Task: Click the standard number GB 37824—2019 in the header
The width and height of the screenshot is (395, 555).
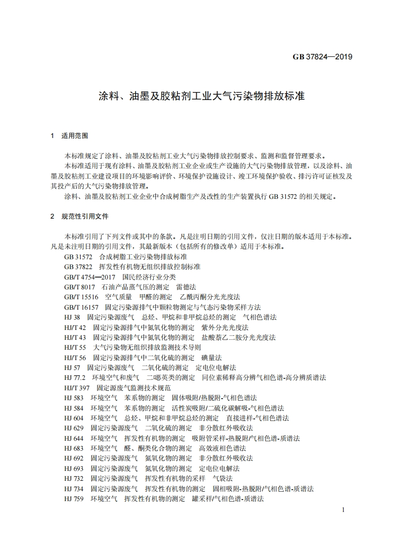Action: (322, 57)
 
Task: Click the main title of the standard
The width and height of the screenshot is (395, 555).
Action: (198, 95)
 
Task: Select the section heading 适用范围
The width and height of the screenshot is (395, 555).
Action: (75, 135)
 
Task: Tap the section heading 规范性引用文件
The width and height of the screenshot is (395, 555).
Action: (85, 217)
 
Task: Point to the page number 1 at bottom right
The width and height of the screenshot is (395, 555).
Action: (343, 510)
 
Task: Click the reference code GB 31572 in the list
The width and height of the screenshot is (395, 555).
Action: (78, 257)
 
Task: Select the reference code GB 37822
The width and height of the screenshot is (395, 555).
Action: (78, 267)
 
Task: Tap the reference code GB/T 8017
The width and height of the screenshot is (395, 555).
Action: (79, 287)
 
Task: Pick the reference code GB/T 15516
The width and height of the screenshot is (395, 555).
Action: (81, 297)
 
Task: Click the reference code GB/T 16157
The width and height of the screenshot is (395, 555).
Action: (81, 307)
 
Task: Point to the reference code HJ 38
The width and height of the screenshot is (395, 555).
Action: (72, 317)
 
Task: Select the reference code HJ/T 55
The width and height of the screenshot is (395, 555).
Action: (75, 347)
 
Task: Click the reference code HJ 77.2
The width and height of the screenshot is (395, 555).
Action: (75, 377)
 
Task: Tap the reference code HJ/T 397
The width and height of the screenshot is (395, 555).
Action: (77, 388)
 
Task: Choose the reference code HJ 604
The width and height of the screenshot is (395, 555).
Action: (74, 418)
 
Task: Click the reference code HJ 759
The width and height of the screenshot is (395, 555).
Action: (74, 499)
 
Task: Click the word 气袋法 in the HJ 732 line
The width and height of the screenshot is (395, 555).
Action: (222, 478)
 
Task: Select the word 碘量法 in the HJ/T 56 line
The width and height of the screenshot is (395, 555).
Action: (212, 358)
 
